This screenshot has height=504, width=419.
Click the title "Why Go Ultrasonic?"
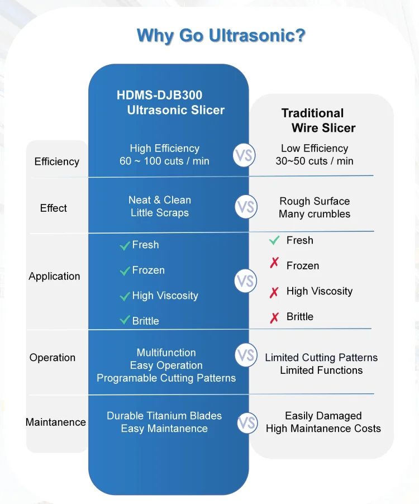coord(221,35)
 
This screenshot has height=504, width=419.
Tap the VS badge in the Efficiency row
coord(244,155)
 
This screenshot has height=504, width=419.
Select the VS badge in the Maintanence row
coord(247,423)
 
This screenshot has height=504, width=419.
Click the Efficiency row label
coord(57,161)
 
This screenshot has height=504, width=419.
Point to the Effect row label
coord(54,208)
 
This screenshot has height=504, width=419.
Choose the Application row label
coord(54,276)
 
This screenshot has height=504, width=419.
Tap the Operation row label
coord(53,358)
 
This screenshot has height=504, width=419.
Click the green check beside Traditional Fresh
coord(274,240)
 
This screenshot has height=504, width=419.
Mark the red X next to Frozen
coord(274,263)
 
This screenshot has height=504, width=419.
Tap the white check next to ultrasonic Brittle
coord(125,320)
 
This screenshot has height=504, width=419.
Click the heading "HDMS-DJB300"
coord(160,95)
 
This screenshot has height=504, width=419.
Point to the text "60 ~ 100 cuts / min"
coord(164,161)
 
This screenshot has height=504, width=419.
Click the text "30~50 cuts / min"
coord(315,161)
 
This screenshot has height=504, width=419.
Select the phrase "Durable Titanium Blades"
coord(164,416)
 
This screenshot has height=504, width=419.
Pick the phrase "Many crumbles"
coord(315,214)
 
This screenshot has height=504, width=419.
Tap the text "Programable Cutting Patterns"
coord(166,378)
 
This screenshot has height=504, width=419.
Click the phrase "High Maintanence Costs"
coord(323,429)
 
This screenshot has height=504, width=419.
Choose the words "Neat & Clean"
coord(160,200)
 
